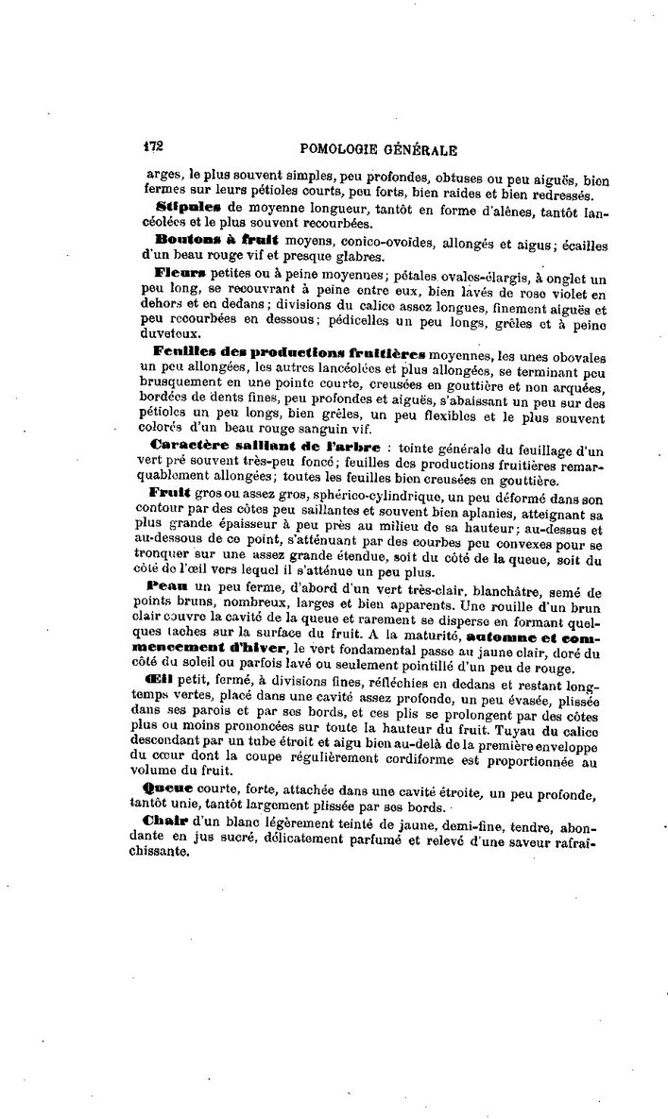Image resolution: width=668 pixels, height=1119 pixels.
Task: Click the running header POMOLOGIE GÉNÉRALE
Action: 378,148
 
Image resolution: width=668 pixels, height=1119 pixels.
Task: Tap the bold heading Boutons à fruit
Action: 198,240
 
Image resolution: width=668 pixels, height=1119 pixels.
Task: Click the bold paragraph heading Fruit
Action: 170,491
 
